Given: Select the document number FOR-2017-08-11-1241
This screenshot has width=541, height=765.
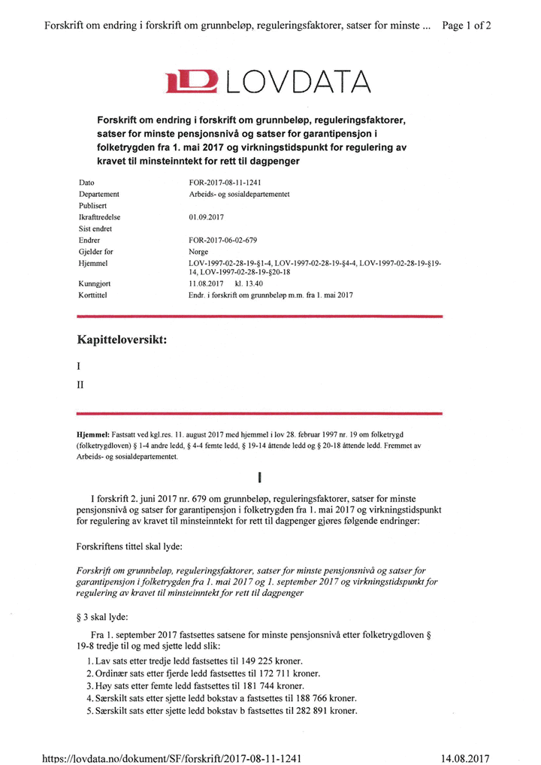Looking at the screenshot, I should tap(226, 183).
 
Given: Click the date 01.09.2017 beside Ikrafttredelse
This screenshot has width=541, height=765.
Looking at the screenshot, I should tap(207, 217).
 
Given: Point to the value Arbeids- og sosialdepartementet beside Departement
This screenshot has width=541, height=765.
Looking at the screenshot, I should tap(240, 194).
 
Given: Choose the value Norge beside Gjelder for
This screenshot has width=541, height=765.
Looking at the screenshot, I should tap(198, 252).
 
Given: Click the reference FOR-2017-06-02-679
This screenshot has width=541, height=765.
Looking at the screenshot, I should tap(224, 240).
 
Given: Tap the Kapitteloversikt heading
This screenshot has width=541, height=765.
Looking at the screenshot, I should tap(121, 340).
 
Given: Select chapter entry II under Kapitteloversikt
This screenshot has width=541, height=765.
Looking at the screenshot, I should tap(81, 385).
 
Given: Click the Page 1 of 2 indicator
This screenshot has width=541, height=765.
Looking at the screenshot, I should tap(467, 25).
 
